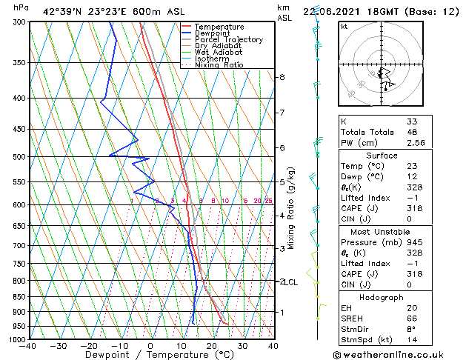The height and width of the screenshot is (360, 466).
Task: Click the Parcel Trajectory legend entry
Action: pyautogui.click(x=228, y=39)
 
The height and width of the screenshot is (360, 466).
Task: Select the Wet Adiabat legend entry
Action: pyautogui.click(x=219, y=52)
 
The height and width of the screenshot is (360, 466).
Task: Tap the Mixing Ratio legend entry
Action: pyautogui.click(x=219, y=65)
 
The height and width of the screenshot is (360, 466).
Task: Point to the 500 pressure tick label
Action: pyautogui.click(x=19, y=157)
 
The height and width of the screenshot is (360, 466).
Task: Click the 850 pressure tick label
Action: pyautogui.click(x=19, y=297)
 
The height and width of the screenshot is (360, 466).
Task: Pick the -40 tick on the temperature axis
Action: pyautogui.click(x=28, y=346)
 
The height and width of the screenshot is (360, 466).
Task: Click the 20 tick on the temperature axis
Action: pyautogui.click(x=212, y=346)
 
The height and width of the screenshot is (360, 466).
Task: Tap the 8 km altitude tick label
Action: pyautogui.click(x=282, y=77)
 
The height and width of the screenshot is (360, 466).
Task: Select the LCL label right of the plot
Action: pyautogui.click(x=292, y=282)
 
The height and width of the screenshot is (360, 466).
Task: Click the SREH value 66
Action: pyautogui.click(x=412, y=319)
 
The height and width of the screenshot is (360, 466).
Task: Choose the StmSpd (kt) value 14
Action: pyautogui.click(x=412, y=341)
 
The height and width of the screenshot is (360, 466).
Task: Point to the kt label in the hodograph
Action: pyautogui.click(x=344, y=27)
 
